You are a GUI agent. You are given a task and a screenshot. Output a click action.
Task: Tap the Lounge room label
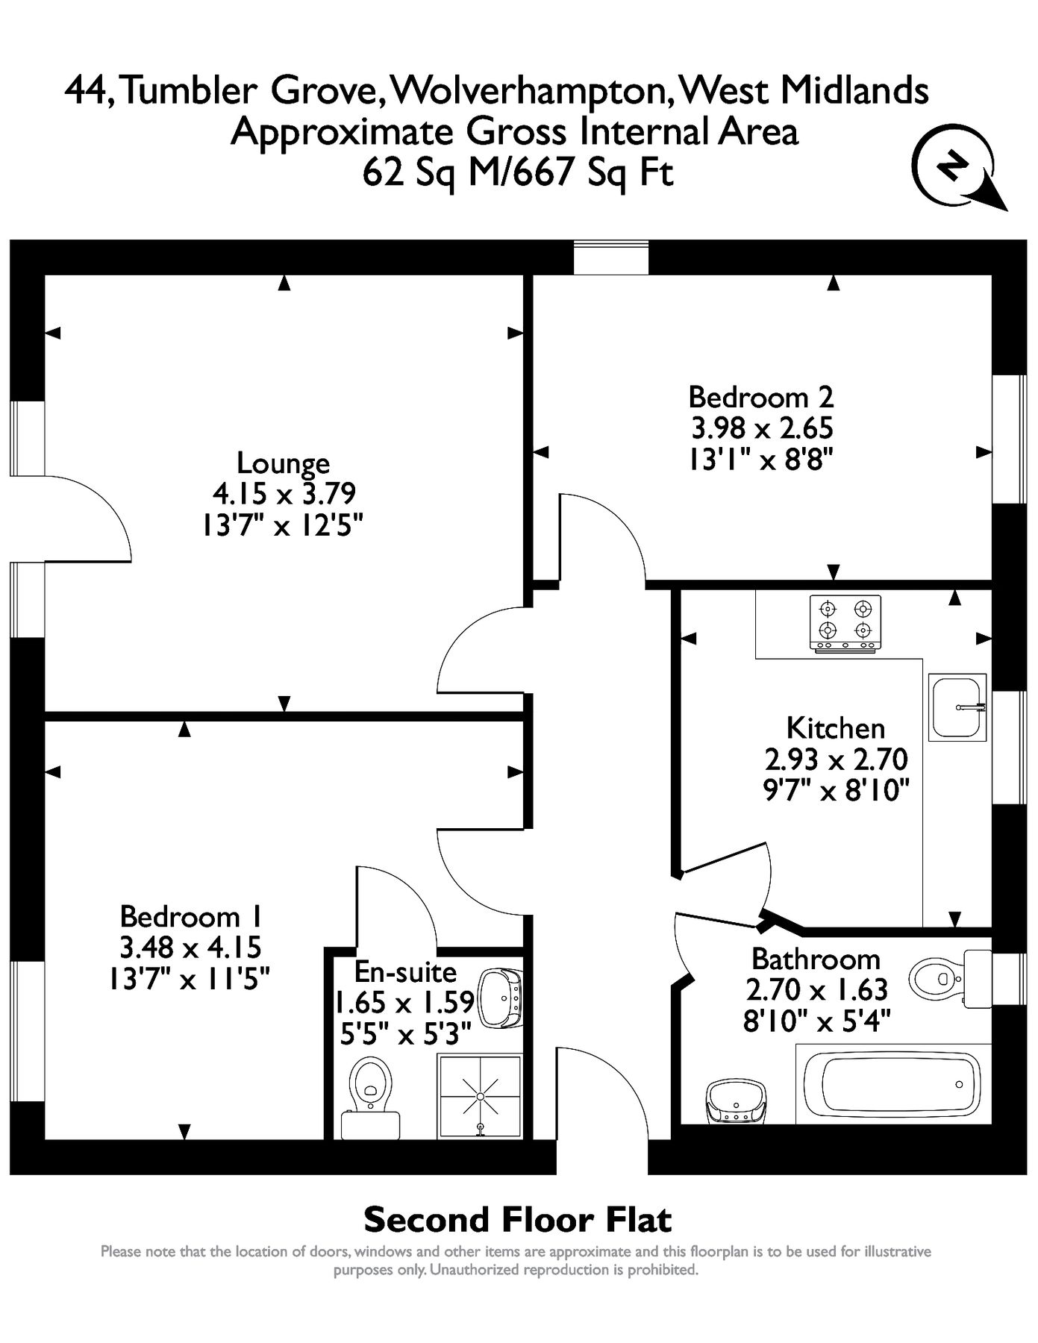[x=283, y=463]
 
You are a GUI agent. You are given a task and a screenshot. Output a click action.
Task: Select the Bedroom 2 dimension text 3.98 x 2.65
[x=761, y=428]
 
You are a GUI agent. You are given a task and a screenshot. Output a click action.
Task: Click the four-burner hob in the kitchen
[x=845, y=623]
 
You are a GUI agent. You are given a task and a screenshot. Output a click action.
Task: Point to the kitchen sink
[x=957, y=707]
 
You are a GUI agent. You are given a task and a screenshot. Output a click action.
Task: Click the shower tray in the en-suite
[x=479, y=1096]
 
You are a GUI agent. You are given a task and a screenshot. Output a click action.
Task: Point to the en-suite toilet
[x=371, y=1095]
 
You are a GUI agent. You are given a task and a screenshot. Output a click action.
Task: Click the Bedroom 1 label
[x=190, y=915]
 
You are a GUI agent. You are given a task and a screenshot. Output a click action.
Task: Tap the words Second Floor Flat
[x=517, y=1221]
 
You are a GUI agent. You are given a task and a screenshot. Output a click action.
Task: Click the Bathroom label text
[x=816, y=959]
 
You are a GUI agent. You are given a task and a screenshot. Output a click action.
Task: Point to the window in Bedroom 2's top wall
[x=610, y=257]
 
